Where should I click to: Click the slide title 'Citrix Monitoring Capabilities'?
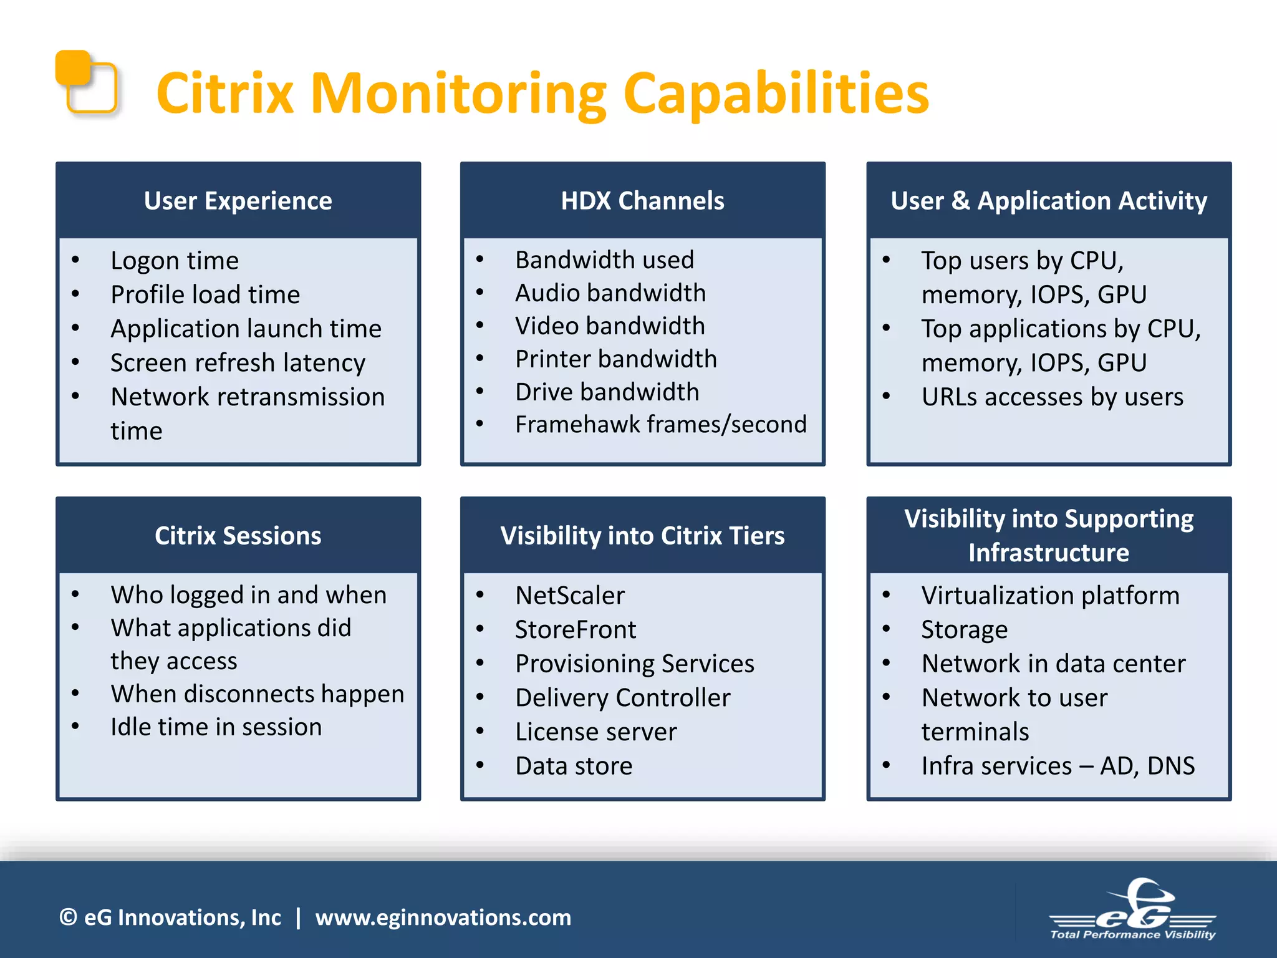(542, 94)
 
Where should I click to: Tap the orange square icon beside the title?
(86, 82)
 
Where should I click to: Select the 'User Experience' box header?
(238, 201)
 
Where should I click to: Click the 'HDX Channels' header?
(642, 201)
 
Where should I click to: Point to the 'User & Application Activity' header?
(1049, 201)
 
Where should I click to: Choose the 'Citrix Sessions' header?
(238, 536)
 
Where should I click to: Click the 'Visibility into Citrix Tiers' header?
(642, 536)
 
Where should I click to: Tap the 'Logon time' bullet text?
(175, 261)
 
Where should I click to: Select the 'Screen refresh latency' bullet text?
(238, 363)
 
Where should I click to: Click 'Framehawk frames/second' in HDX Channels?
(660, 425)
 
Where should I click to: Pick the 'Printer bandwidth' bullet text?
(615, 359)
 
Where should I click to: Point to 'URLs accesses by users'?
(1052, 397)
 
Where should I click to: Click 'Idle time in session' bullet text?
(216, 727)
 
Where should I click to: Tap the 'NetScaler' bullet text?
(569, 596)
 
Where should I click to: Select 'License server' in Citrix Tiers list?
(595, 732)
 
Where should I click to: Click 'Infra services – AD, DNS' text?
(1058, 766)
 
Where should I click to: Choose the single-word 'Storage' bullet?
(964, 630)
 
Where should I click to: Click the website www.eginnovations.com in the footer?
(443, 917)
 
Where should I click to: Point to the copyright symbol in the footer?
(68, 917)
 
